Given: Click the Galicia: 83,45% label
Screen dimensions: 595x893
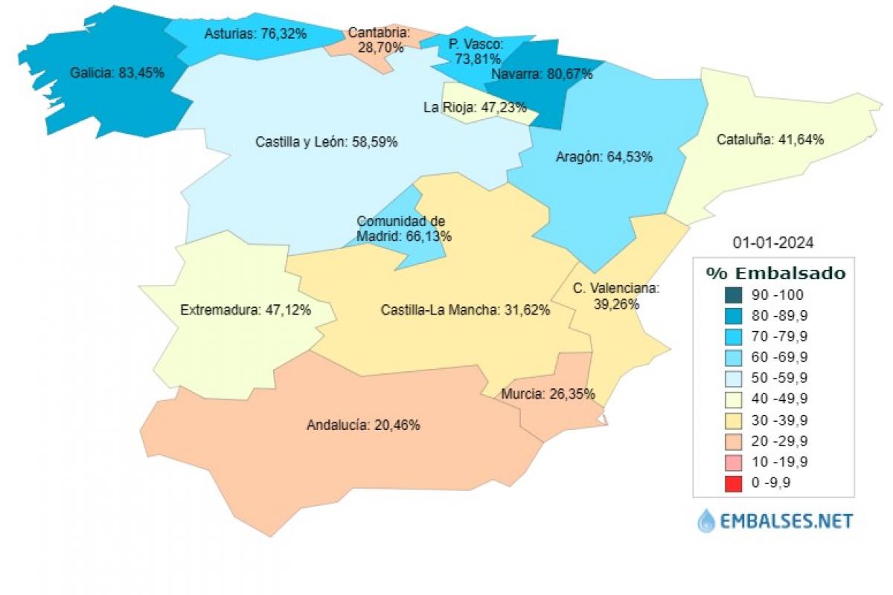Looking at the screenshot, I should point(118,73).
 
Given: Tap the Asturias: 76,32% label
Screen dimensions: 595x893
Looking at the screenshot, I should point(251,33).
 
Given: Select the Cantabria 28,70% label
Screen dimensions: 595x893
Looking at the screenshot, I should point(379,40).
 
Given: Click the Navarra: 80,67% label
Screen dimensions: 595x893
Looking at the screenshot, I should point(542,74).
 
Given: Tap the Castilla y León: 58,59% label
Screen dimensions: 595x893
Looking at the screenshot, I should point(326,141).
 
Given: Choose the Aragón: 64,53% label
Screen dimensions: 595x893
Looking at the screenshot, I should point(604,157).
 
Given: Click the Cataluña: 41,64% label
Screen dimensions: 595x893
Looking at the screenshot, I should point(770,139).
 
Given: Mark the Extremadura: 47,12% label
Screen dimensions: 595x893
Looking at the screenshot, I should point(246,309).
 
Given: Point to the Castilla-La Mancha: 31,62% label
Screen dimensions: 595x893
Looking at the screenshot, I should point(465,310).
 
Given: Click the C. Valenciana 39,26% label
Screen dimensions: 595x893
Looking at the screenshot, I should point(616,296).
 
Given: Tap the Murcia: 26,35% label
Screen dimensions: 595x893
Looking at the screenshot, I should point(548,393).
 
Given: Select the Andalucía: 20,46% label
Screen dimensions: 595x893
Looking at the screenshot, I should point(363,425).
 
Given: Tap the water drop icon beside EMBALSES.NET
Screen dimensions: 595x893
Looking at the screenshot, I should point(706,521).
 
